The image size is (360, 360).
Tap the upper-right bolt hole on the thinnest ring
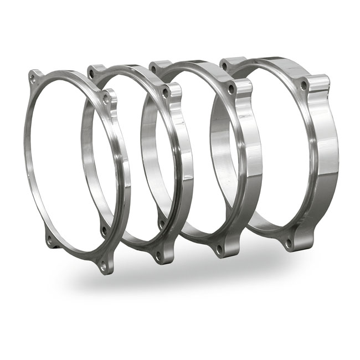point(106,99)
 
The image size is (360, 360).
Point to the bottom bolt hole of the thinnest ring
point(102,265)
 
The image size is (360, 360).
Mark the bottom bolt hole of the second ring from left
point(159,255)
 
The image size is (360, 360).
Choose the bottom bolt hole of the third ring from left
point(219,249)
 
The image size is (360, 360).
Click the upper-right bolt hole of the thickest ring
point(304,85)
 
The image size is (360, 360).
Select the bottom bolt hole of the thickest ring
point(288,242)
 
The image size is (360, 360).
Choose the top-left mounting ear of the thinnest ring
point(35,78)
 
